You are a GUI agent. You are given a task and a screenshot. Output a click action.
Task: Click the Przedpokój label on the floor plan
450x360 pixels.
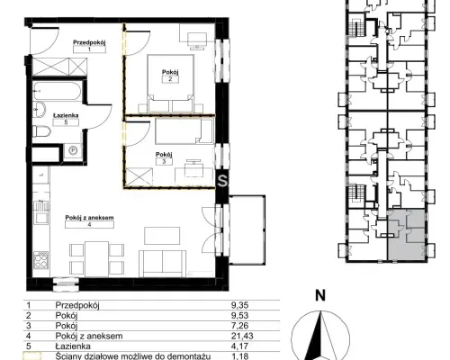pos(89,42)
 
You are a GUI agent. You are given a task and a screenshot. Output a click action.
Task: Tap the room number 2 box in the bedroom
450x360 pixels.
pos(170,79)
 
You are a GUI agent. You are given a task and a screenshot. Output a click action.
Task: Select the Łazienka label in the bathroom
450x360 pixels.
pos(66,115)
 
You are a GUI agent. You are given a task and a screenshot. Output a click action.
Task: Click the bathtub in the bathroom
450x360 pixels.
pos(57,91)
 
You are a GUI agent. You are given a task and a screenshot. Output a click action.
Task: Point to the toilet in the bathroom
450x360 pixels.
pos(41,131)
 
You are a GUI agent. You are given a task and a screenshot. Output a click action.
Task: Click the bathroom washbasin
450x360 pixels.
pos(39,110)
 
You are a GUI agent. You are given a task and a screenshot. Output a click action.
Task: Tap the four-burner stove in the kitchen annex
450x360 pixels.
pos(41,260)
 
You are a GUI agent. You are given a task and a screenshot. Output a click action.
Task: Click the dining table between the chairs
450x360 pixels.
pos(96,259)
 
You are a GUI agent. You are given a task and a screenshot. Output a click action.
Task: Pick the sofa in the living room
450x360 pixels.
pos(162,264)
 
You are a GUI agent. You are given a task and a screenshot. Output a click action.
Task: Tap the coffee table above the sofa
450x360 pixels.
pos(162,236)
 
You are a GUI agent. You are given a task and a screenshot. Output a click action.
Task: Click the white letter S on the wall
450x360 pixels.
pos(222,181)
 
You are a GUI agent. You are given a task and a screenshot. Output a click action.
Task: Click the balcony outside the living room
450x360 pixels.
pos(247,230)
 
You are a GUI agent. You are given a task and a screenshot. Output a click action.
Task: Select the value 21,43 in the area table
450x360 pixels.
pos(242,336)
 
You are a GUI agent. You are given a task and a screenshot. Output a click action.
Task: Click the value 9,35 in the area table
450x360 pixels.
pos(240,305)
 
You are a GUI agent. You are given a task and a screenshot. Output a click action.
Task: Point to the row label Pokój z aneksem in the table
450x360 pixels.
pos(89,336)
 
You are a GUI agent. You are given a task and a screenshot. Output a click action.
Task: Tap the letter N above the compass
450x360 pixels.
pos(320,296)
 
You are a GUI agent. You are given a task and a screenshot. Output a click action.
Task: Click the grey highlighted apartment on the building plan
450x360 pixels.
pos(406,235)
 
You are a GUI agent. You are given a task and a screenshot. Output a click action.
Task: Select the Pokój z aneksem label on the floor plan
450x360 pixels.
pos(90,218)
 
